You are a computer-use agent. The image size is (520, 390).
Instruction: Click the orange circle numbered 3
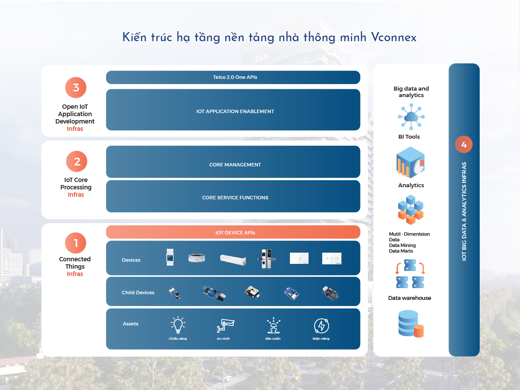point(76,88)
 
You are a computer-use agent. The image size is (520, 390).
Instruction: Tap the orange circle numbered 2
point(77,161)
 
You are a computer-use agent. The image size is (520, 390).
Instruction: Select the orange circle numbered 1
point(75,243)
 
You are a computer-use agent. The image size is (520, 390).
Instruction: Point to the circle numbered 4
point(464,144)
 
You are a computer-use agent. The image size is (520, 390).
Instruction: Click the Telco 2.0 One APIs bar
point(233,77)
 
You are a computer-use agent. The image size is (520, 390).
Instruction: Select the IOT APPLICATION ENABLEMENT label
point(235,111)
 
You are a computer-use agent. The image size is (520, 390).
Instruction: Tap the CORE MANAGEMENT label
point(235,165)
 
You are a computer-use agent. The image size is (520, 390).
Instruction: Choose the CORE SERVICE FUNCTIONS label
point(235,198)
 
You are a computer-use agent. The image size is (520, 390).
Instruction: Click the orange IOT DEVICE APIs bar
point(233,232)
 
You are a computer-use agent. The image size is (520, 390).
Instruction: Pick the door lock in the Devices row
point(266,259)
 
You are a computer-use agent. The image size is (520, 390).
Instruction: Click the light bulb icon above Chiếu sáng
point(178,325)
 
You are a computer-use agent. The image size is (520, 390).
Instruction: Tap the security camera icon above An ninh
point(225,325)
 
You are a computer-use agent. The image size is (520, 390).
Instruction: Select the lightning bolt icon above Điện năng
point(322,325)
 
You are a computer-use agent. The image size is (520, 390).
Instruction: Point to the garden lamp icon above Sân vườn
point(273,325)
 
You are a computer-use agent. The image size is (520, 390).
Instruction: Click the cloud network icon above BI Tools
point(411,117)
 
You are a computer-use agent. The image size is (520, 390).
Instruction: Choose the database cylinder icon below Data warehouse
point(411,324)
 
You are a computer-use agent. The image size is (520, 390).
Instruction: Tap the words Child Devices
point(138,292)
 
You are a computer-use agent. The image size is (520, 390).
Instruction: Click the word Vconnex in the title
point(393,37)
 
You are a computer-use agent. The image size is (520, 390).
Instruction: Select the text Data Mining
point(402,245)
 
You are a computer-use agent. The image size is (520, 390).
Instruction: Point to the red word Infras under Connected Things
point(75,274)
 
